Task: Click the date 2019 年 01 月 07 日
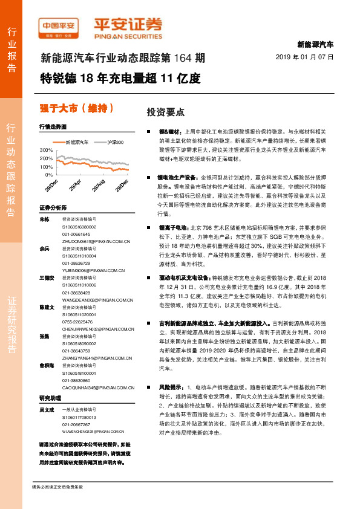tap(308, 56)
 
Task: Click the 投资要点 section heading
tap(166, 112)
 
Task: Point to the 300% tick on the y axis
tap(47, 149)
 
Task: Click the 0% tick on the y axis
tap(49, 175)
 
